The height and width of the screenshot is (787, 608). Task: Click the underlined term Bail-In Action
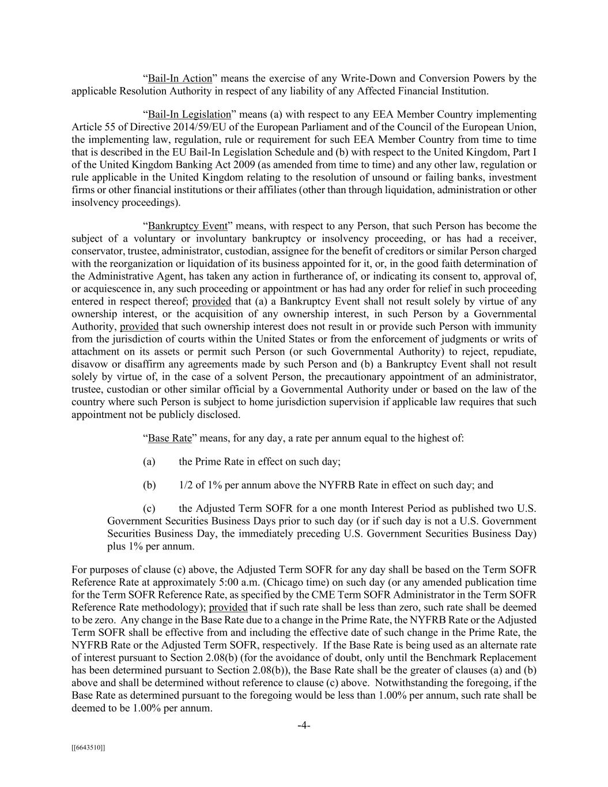180,78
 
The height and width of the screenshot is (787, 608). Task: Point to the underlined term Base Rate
169,438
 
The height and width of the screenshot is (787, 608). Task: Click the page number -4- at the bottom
304,725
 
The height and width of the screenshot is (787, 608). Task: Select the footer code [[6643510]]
88,748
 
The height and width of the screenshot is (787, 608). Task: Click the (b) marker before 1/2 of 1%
149,485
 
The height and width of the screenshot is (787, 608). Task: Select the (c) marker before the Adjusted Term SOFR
149,509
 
